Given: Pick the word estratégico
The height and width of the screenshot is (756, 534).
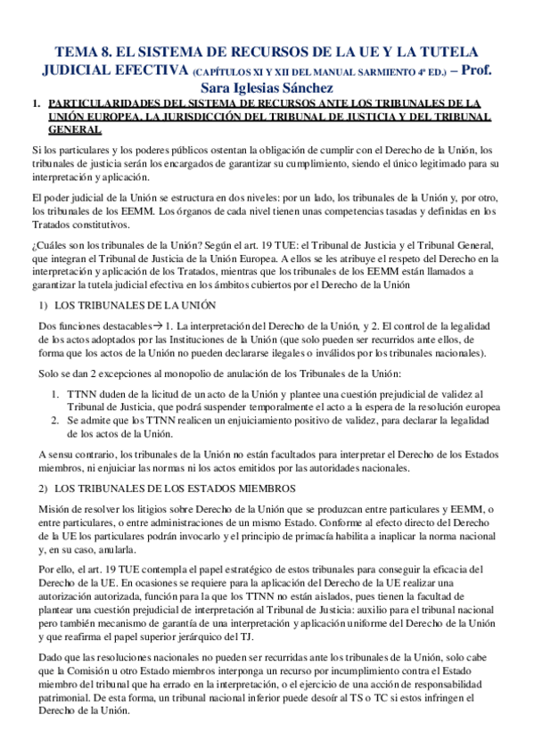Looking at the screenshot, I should click(231, 569).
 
